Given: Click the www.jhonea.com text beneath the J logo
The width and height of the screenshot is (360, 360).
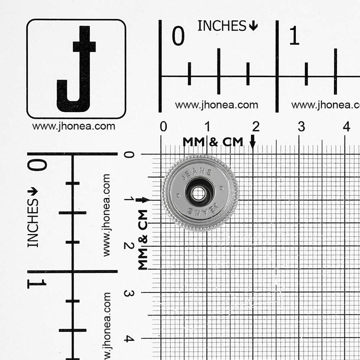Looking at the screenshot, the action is (73, 126).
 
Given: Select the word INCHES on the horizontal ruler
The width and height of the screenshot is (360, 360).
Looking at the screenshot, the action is (222, 25).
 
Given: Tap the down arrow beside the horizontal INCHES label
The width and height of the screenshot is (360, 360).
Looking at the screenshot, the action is (253, 25).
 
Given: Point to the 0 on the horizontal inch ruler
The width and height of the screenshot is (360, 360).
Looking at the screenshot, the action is (178, 35).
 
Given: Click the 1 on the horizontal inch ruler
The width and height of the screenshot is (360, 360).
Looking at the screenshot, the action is (294, 35).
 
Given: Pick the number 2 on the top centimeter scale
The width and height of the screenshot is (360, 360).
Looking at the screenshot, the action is (256, 126).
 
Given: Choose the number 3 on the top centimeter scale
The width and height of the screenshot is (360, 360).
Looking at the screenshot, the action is (301, 126).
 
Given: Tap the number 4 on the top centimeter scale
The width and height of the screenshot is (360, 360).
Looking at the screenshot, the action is (346, 126).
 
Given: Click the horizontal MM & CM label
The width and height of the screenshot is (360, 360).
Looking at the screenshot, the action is (213, 142).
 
